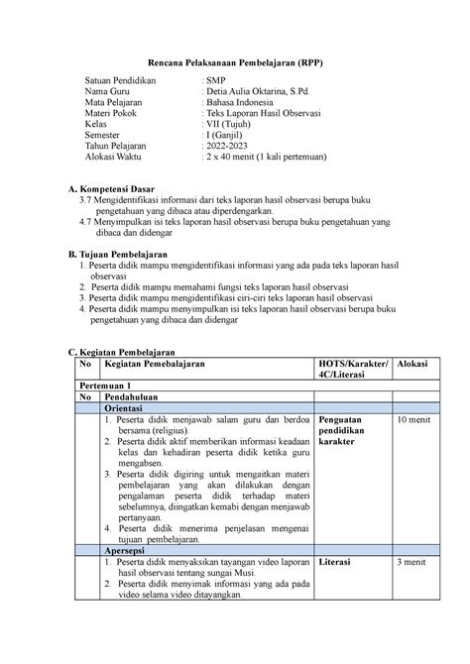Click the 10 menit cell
pos(413,421)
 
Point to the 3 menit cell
pos(411,562)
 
